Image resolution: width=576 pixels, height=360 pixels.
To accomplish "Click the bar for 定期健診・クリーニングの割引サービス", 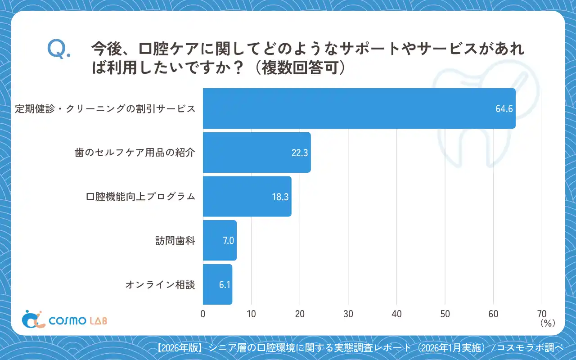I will pos(359,108).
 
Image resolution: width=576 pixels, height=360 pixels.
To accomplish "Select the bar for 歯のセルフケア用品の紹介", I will pos(256,153).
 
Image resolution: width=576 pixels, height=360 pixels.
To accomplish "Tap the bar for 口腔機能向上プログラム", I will pos(247,197).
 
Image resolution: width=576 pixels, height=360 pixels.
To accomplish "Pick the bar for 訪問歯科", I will pos(220,240).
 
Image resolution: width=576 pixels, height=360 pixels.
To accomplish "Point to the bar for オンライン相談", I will pos(217,284).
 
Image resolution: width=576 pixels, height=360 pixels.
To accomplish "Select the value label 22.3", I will pos(299,153).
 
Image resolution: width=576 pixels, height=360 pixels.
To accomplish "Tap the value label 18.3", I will pos(280,197).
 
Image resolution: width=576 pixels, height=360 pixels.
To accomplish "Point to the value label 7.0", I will pos(228,241).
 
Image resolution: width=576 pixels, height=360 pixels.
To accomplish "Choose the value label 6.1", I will pos(225,284).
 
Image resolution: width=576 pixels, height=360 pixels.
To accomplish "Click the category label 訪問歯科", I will pos(179,241).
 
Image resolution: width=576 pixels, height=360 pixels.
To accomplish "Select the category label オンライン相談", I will pos(160,284).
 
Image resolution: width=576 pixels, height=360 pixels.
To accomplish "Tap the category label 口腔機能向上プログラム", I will pos(140,197).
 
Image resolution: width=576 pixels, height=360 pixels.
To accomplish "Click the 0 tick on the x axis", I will pos(203,314).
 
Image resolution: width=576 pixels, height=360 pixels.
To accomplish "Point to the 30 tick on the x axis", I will pos(348,314).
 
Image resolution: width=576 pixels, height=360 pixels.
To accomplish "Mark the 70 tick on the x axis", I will pos(541,314).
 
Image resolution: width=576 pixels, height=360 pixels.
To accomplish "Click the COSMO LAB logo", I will pos(65,319).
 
